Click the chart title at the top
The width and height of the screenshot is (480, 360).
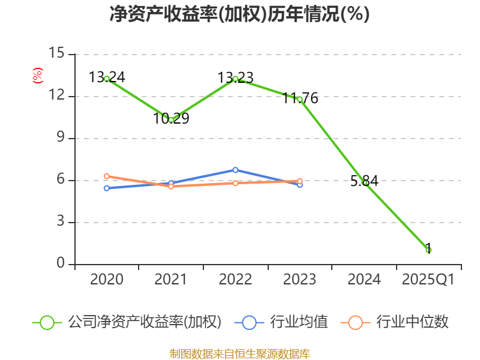(239, 14)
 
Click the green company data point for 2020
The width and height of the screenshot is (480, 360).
(107, 79)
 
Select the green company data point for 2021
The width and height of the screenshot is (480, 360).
(171, 120)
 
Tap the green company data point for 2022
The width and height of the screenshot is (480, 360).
(235, 79)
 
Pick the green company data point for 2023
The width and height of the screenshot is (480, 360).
(299, 99)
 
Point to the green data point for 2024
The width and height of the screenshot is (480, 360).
(364, 182)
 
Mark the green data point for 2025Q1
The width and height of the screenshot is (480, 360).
(428, 250)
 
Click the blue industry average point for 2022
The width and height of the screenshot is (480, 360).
(235, 170)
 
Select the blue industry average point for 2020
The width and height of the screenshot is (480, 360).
(107, 188)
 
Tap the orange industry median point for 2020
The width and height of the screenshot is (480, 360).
(107, 176)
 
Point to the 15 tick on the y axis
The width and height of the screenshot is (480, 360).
(56, 53)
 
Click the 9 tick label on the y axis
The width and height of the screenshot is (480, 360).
(60, 138)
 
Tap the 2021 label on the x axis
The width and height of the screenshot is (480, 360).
(171, 280)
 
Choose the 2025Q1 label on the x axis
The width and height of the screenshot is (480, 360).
(428, 280)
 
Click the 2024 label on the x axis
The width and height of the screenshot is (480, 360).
(364, 280)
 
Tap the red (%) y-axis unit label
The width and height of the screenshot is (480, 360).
(37, 76)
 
